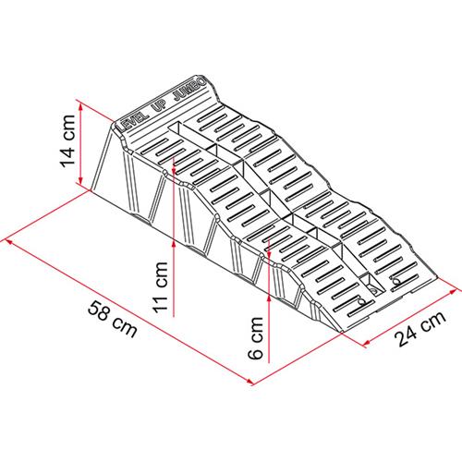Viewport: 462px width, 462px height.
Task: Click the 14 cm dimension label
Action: point(67,141)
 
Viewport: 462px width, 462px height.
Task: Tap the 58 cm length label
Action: point(113,320)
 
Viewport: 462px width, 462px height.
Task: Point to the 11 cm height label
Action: point(161,287)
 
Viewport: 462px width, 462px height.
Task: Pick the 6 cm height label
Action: point(255,338)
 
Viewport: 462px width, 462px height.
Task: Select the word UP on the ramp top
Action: point(159,105)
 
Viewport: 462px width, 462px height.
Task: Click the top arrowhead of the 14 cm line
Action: point(81,107)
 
